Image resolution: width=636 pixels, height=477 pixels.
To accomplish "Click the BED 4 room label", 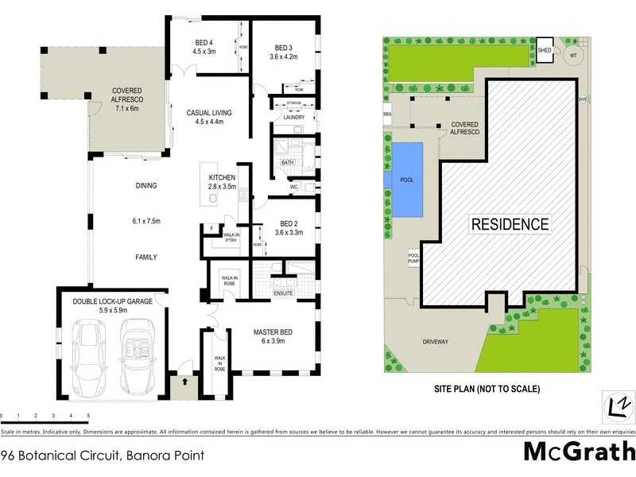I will [204, 43].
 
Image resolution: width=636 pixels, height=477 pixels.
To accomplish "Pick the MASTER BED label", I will [274, 332].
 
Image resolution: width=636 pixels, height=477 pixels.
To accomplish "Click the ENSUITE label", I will [282, 293].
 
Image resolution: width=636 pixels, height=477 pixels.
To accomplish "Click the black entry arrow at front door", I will [184, 382].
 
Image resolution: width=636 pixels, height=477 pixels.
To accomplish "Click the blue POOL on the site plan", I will [406, 180].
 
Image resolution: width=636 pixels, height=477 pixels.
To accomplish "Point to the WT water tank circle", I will [574, 55].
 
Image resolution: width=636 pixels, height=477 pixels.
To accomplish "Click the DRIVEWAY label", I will [436, 342].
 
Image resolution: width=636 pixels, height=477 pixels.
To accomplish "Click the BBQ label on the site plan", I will [388, 114].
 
